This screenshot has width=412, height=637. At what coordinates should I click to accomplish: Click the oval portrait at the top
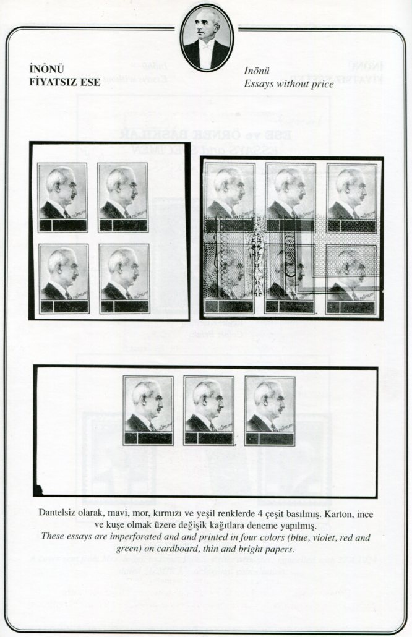[x=207, y=37]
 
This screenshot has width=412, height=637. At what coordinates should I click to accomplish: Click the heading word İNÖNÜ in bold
[x=46, y=69]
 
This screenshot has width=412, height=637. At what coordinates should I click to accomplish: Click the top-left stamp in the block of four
[x=62, y=197]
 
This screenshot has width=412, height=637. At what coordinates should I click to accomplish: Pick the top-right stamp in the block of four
[x=123, y=197]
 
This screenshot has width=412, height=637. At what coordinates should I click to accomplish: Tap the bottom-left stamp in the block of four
[x=63, y=278]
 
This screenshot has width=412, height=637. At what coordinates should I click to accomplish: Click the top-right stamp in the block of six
[x=351, y=197]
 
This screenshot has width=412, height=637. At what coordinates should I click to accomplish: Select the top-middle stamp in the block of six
[x=290, y=197]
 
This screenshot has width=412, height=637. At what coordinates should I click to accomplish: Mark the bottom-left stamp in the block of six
[x=229, y=278]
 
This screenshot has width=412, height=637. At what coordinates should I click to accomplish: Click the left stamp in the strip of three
[x=148, y=410]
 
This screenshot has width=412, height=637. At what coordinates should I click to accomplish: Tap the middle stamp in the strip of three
[x=208, y=410]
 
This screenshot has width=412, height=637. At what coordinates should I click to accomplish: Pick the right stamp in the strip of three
[x=270, y=410]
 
